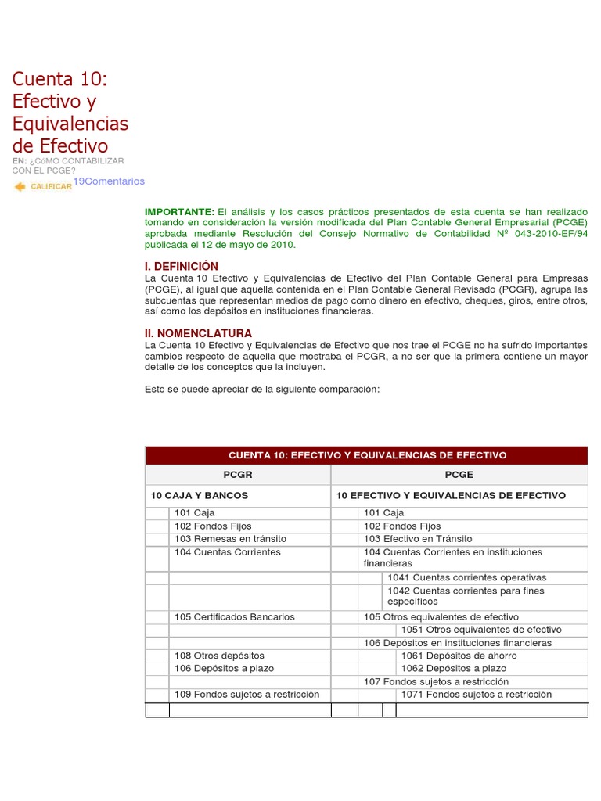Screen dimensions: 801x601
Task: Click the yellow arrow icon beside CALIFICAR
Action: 20,186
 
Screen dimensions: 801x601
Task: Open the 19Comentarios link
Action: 109,181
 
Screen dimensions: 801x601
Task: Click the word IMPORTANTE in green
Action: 179,212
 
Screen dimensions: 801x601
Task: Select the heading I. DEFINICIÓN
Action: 182,266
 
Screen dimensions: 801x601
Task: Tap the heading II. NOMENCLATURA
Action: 199,333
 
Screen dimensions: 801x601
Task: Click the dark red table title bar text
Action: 367,455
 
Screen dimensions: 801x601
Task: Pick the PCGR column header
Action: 238,475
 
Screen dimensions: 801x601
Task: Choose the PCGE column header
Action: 459,475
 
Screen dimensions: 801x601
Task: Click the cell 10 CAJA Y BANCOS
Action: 200,496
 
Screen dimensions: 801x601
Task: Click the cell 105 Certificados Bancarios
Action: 235,617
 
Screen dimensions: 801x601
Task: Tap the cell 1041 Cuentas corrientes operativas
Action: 467,577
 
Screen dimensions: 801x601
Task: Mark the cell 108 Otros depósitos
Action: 219,656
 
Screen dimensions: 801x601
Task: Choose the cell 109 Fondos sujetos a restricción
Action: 247,695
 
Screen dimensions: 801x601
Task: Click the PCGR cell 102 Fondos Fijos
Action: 213,526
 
